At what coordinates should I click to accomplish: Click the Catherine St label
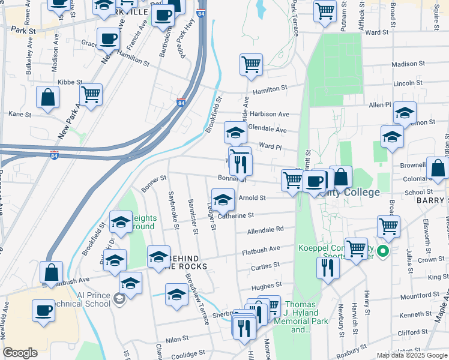[238, 215]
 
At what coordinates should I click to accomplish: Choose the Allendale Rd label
[265, 229]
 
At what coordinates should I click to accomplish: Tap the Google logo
[20, 353]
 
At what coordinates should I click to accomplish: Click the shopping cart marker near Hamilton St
[250, 64]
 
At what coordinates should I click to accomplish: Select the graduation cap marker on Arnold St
[223, 199]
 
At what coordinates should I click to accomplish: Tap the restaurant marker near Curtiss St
[327, 267]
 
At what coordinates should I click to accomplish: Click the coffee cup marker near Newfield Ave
[43, 311]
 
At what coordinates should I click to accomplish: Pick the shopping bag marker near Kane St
[47, 97]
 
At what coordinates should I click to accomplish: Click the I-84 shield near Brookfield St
[181, 103]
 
